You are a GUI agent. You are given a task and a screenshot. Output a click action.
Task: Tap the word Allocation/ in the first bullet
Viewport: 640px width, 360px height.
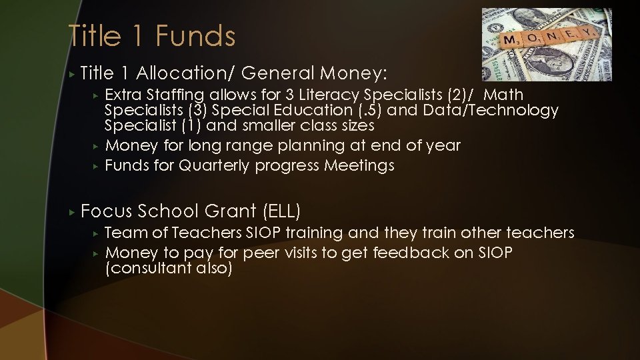pos(176,72)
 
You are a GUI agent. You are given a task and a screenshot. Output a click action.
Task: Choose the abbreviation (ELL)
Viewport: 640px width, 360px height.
pos(283,211)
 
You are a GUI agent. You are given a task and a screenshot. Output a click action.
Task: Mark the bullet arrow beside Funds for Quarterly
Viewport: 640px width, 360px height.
pos(96,166)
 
